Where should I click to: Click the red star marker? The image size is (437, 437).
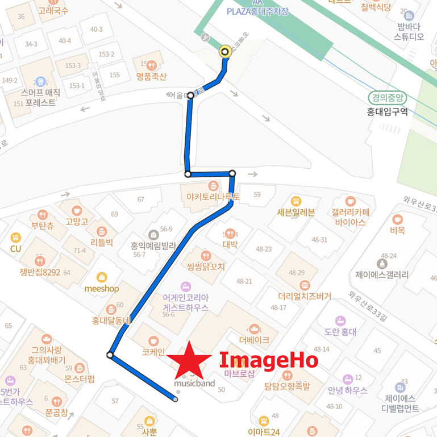[x=186, y=360]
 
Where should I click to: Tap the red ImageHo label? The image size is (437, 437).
[x=268, y=360]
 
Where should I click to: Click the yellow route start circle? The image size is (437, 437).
[x=225, y=52]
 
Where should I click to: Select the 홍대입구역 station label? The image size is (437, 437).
[x=388, y=111]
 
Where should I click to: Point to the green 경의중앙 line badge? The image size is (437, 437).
[x=388, y=97]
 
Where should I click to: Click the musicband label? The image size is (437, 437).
[x=194, y=383]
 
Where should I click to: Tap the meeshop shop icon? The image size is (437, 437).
[x=102, y=277]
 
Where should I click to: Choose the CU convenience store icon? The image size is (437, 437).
[x=15, y=238]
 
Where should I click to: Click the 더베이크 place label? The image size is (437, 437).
[x=254, y=340]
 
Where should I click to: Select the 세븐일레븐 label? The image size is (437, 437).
[x=296, y=213]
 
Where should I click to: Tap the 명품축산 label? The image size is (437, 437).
[x=151, y=77]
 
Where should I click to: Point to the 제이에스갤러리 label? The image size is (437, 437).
[x=382, y=274]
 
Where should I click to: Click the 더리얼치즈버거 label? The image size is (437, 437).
[x=305, y=296]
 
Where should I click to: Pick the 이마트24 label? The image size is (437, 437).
[x=264, y=431]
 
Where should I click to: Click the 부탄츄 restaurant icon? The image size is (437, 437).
[x=42, y=215]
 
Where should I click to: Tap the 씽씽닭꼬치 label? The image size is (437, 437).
[x=206, y=267]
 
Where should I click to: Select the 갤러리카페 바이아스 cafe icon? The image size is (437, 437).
[x=351, y=201]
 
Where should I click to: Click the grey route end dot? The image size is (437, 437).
[x=176, y=400]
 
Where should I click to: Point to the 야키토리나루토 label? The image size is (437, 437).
[x=209, y=197]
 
